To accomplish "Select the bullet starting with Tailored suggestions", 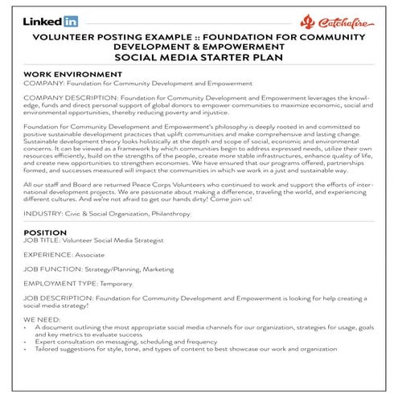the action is coord(185,349).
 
